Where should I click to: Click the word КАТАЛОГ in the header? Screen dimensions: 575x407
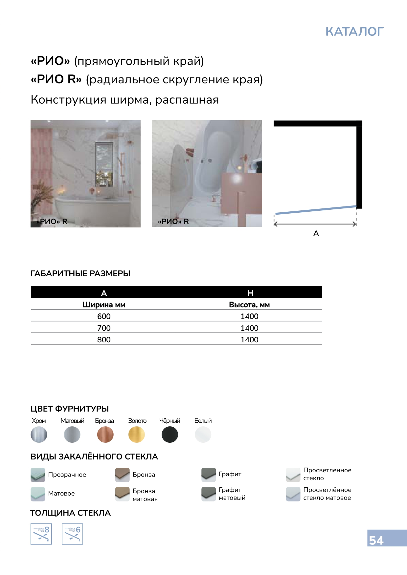[x=354, y=32]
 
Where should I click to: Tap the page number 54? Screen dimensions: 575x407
[x=376, y=540]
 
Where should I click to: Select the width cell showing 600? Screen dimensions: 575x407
[x=104, y=316]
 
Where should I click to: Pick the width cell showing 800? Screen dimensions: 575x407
[x=104, y=340]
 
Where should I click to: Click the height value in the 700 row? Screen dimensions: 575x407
[x=249, y=328]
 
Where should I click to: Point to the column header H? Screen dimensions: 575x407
[x=250, y=293]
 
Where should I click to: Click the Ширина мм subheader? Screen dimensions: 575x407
[x=104, y=305]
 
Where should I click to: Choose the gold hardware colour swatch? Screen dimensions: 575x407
[x=137, y=435]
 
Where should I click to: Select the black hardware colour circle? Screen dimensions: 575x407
[x=170, y=435]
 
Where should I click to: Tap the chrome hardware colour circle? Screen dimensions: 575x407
[x=39, y=435]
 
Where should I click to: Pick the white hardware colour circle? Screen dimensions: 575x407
[x=203, y=435]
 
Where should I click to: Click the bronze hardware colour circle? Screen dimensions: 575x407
[x=105, y=435]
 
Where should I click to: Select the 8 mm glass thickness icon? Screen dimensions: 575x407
[x=41, y=534]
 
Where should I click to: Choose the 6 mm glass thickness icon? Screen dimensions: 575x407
[x=72, y=534]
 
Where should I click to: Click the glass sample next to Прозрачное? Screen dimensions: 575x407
[x=38, y=475]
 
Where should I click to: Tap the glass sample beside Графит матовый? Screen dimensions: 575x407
[x=208, y=494]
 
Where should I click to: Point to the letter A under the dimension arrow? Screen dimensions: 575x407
[x=316, y=233]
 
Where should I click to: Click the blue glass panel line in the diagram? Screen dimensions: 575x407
[x=315, y=210]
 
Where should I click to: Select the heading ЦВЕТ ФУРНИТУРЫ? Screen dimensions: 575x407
[x=70, y=409]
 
